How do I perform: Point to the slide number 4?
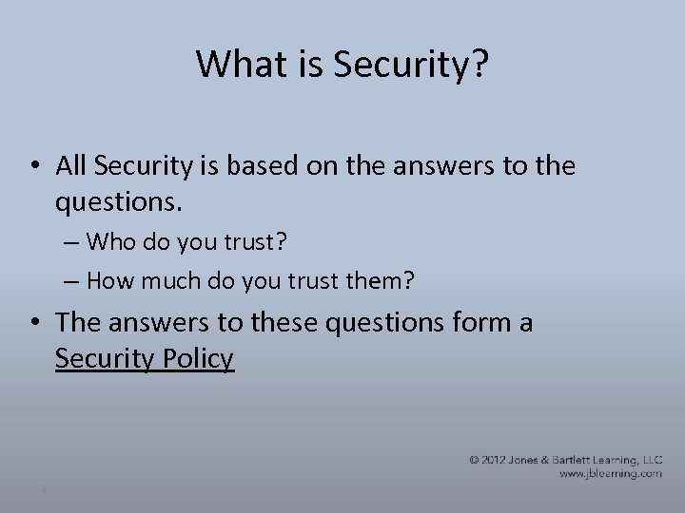click(x=44, y=489)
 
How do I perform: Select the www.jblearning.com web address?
click(x=611, y=473)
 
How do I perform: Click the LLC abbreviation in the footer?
click(x=653, y=460)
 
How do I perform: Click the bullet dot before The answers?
click(x=32, y=323)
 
